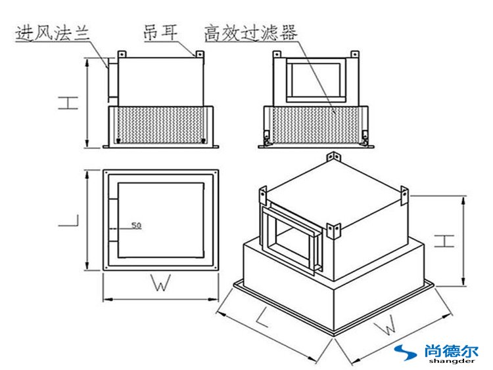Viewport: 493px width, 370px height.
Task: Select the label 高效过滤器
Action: [250, 31]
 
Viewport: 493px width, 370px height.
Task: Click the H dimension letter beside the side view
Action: [64, 103]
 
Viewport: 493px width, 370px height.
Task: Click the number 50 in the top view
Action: [136, 226]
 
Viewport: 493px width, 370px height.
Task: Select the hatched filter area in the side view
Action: [158, 125]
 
